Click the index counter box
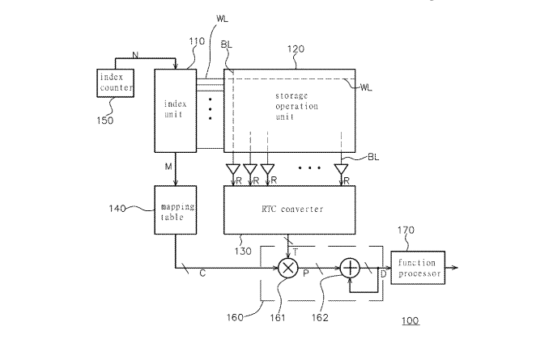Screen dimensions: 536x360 click(x=115, y=83)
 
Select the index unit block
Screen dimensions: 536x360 click(x=176, y=111)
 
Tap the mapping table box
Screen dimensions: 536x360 click(x=176, y=210)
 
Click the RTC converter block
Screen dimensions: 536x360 click(x=290, y=210)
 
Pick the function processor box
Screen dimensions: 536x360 click(x=418, y=268)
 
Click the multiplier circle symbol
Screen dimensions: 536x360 click(x=288, y=268)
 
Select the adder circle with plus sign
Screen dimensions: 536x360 click(x=350, y=268)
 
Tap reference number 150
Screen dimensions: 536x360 click(x=105, y=121)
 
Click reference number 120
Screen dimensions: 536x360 click(x=296, y=49)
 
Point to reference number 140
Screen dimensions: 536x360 click(x=117, y=209)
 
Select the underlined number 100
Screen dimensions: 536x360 click(x=411, y=320)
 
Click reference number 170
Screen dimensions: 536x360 click(x=406, y=231)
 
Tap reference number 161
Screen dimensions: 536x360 click(x=278, y=318)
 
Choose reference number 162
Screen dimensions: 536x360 click(x=320, y=318)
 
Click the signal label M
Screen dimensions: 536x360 click(x=168, y=167)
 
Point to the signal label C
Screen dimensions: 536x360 click(x=202, y=273)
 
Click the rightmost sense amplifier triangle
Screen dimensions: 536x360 click(x=341, y=169)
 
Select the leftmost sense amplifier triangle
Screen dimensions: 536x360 click(x=233, y=169)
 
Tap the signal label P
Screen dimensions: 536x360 click(x=306, y=273)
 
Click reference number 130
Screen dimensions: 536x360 click(x=243, y=252)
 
